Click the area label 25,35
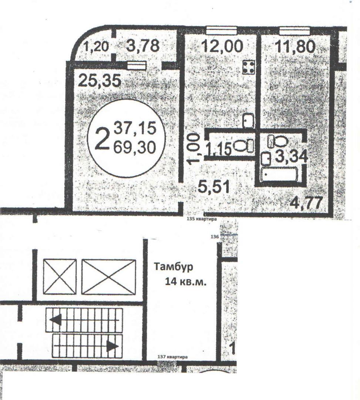tap(100, 81)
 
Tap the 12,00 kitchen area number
tap(222, 46)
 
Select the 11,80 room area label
tap(296, 46)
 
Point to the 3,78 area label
tap(143, 46)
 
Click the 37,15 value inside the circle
tap(135, 128)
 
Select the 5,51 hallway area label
tap(214, 187)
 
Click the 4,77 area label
tap(307, 203)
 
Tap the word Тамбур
tap(173, 267)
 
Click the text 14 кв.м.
tap(186, 282)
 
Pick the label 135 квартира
tap(202, 219)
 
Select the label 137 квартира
tap(172, 357)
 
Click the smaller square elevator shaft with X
tap(60, 277)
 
